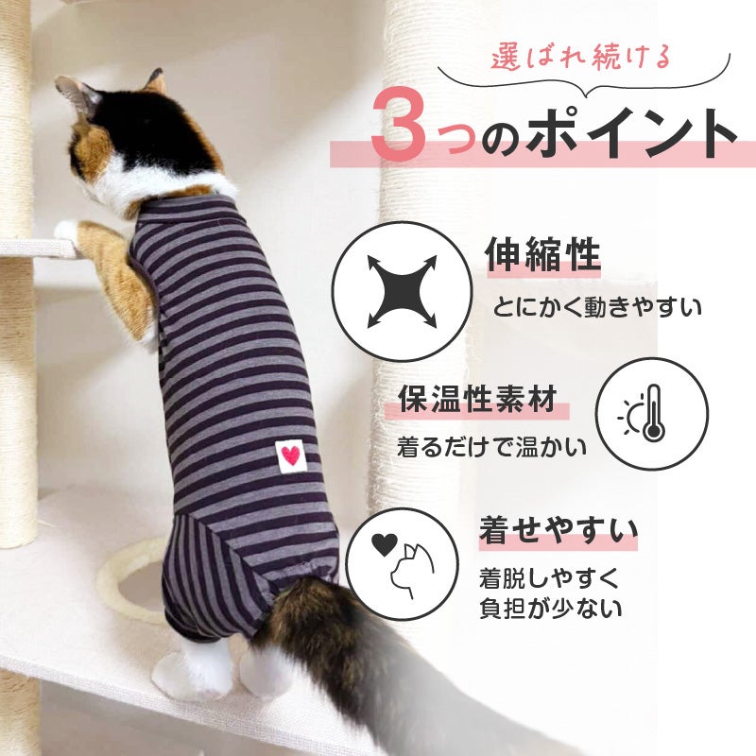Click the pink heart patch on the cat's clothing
click(291, 455)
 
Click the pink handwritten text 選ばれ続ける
click(582, 58)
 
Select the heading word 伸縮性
click(542, 254)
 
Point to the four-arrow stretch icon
click(402, 291)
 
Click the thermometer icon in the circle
click(653, 413)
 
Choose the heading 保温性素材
click(477, 400)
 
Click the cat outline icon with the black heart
click(403, 563)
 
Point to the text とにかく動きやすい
click(597, 306)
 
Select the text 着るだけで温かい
click(491, 447)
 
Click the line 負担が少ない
click(551, 609)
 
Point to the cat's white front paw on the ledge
click(66, 230)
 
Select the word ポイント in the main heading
click(632, 132)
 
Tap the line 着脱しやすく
click(549, 578)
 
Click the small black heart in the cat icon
click(385, 544)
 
